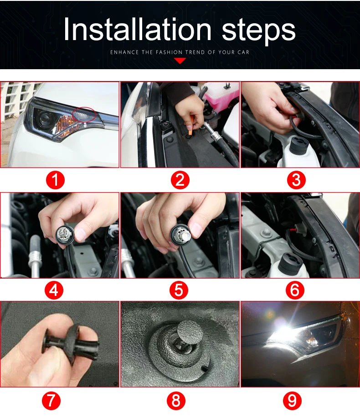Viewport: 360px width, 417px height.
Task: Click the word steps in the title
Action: pyautogui.click(x=258, y=31)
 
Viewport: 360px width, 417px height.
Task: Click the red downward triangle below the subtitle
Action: pyautogui.click(x=180, y=61)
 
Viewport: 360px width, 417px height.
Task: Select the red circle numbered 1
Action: pyautogui.click(x=55, y=180)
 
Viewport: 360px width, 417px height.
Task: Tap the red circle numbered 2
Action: pyautogui.click(x=180, y=180)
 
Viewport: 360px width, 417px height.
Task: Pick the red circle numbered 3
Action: pyautogui.click(x=296, y=180)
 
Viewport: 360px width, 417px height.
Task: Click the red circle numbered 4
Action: pyautogui.click(x=54, y=290)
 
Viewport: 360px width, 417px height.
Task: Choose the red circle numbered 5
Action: pyautogui.click(x=179, y=290)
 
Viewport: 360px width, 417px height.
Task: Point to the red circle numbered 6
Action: pyautogui.click(x=295, y=290)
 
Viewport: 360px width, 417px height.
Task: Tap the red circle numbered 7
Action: pyautogui.click(x=51, y=401)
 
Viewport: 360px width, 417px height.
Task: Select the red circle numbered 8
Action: pyautogui.click(x=176, y=401)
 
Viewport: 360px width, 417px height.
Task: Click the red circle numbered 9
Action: pyautogui.click(x=292, y=401)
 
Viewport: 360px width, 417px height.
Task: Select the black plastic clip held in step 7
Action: pyautogui.click(x=71, y=343)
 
